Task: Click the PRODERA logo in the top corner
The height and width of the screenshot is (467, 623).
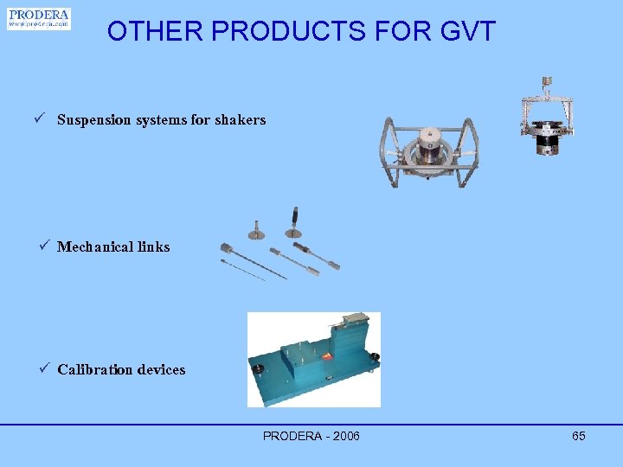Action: click(39, 19)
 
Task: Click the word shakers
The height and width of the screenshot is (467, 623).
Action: click(240, 120)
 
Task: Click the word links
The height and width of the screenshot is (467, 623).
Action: click(152, 247)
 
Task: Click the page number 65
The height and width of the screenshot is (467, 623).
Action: click(579, 436)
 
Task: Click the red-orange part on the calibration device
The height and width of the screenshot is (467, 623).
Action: click(328, 356)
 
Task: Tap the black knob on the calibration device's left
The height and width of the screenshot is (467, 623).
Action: click(257, 369)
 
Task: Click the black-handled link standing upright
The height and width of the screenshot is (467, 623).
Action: click(294, 221)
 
